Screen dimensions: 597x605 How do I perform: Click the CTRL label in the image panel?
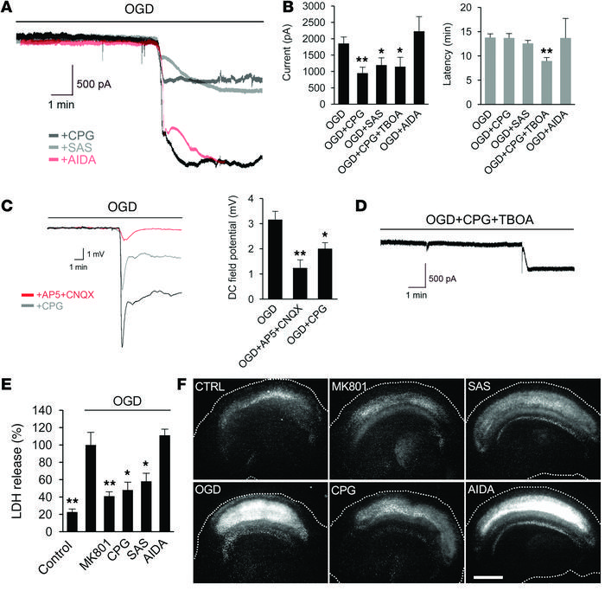click(x=211, y=385)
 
